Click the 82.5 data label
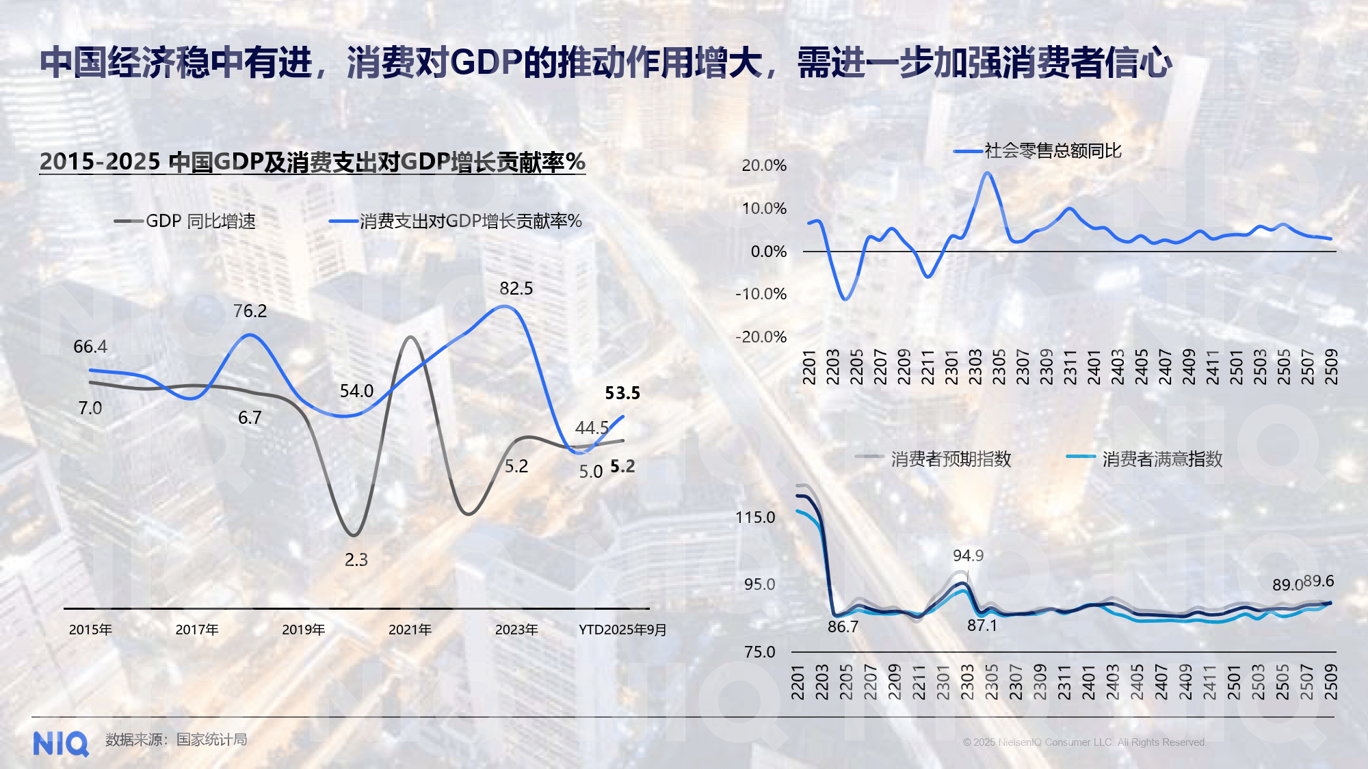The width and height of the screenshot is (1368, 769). pyautogui.click(x=516, y=288)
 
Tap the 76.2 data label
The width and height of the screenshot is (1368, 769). pyautogui.click(x=250, y=311)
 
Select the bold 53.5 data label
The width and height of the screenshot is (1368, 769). pyautogui.click(x=622, y=393)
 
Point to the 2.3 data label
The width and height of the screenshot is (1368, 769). pyautogui.click(x=356, y=560)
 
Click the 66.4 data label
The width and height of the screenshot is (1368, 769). pyautogui.click(x=90, y=347)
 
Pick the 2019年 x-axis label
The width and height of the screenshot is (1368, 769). pyautogui.click(x=303, y=630)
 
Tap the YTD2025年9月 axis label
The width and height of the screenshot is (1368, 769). pyautogui.click(x=622, y=630)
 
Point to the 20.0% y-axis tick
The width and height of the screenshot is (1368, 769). pyautogui.click(x=764, y=165)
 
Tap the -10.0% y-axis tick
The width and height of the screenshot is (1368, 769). pyautogui.click(x=761, y=294)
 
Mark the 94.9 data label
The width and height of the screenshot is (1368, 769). pyautogui.click(x=968, y=556)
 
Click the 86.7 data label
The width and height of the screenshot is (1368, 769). pyautogui.click(x=843, y=627)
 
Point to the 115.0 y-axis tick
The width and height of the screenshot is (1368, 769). pyautogui.click(x=755, y=517)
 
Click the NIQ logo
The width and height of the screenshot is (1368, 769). pyautogui.click(x=61, y=744)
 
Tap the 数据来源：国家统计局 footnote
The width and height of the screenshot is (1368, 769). pyautogui.click(x=176, y=740)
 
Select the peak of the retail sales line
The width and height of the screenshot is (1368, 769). pyautogui.click(x=986, y=173)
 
